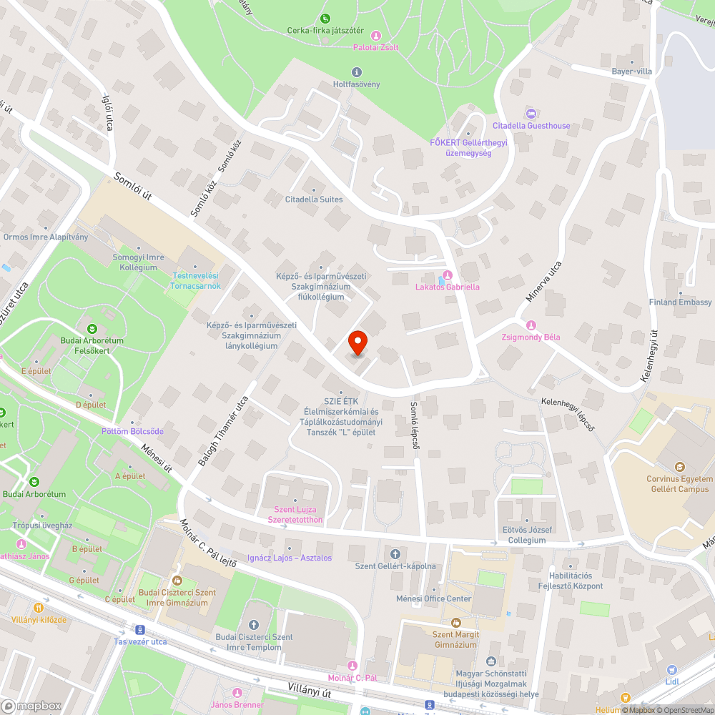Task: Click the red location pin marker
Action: click(x=357, y=343)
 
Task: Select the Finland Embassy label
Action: click(x=680, y=302)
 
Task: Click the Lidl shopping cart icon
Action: click(x=671, y=670)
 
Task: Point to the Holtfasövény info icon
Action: click(x=357, y=72)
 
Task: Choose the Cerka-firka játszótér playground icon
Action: click(x=325, y=18)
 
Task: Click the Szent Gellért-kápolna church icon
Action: click(x=395, y=554)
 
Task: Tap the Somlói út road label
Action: click(x=134, y=189)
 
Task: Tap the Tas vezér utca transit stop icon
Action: click(x=139, y=630)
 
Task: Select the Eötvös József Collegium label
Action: click(x=527, y=535)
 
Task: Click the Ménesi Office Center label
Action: click(x=434, y=598)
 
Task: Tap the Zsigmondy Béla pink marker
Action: click(x=531, y=325)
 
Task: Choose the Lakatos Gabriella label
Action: click(x=448, y=287)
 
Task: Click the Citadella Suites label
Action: click(x=314, y=199)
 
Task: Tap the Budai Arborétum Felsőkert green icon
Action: click(x=92, y=328)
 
